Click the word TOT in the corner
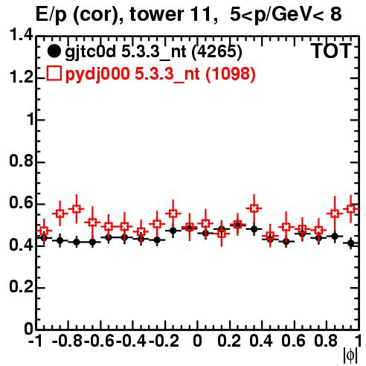(x=331, y=51)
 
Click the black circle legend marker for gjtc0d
(x=54, y=51)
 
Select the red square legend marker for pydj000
(x=54, y=73)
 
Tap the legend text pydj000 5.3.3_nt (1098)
(x=161, y=74)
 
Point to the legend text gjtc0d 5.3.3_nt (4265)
(x=153, y=52)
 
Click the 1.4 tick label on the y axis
(x=21, y=35)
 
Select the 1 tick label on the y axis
(x=30, y=120)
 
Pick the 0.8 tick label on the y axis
(x=21, y=161)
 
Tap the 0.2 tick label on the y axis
(x=21, y=286)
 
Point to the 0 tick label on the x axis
(x=197, y=341)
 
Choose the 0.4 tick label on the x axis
(x=261, y=341)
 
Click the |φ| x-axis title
(x=350, y=356)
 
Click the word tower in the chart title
(x=156, y=14)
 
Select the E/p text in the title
(x=51, y=15)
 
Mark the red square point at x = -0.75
(x=77, y=209)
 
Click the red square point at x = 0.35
(x=254, y=208)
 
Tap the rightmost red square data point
(x=351, y=209)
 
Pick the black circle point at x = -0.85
(x=60, y=240)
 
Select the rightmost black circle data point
(x=351, y=243)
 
